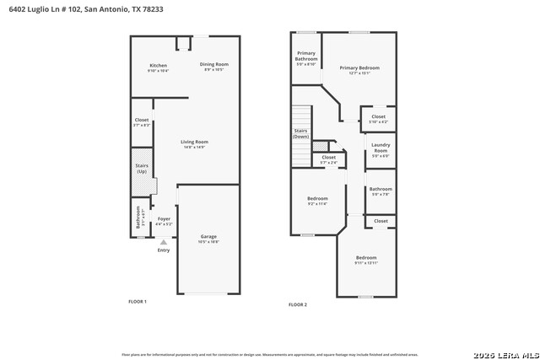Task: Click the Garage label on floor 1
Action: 208,239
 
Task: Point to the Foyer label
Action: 164,221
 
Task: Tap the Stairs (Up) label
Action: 142,169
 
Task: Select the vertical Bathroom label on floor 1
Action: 139,217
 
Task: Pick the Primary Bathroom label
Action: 306,58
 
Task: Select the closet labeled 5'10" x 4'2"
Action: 379,119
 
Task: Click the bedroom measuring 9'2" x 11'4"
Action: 317,201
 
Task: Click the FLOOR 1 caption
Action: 138,301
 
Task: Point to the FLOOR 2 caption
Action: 298,304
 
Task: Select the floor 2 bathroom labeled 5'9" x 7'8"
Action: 381,191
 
